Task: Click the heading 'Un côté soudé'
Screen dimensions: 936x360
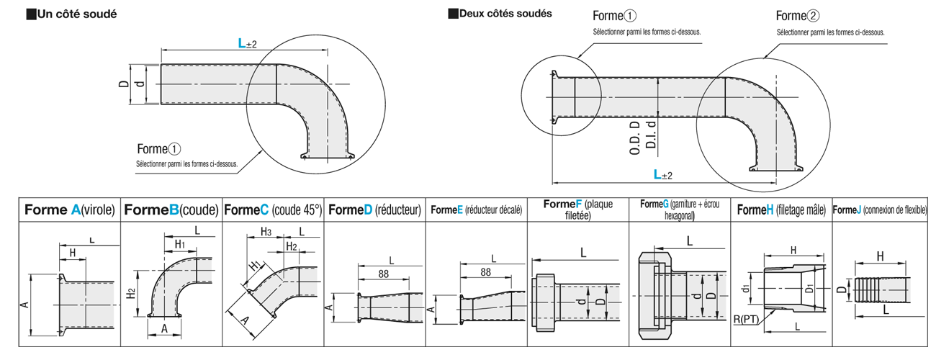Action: point(77,14)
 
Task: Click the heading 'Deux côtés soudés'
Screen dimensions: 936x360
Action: point(505,14)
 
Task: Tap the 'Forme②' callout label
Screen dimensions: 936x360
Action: point(798,16)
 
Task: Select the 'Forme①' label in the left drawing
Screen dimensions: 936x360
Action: point(159,149)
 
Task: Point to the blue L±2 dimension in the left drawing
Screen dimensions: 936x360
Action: point(248,43)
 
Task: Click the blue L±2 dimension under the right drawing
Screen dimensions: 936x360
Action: point(662,174)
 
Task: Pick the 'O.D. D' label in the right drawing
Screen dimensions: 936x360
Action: point(635,138)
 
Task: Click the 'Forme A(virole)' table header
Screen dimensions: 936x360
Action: point(70,210)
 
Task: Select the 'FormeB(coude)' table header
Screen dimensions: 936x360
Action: point(171,210)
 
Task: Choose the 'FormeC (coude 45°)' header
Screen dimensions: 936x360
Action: point(274,210)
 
